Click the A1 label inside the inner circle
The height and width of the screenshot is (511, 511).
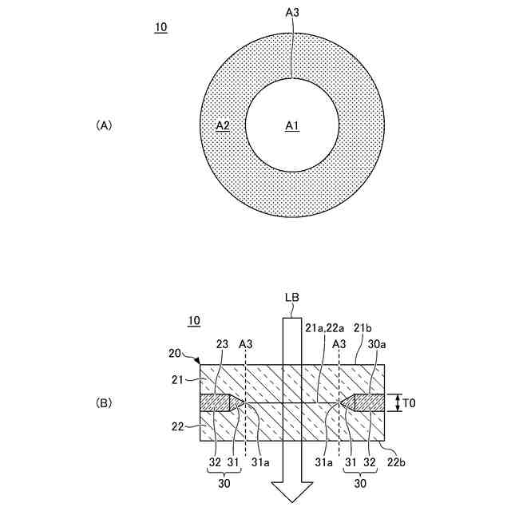[x=292, y=126]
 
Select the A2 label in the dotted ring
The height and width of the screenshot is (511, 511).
[x=223, y=126]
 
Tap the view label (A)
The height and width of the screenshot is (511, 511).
[x=105, y=125]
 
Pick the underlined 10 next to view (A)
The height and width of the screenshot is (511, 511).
[x=160, y=27]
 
